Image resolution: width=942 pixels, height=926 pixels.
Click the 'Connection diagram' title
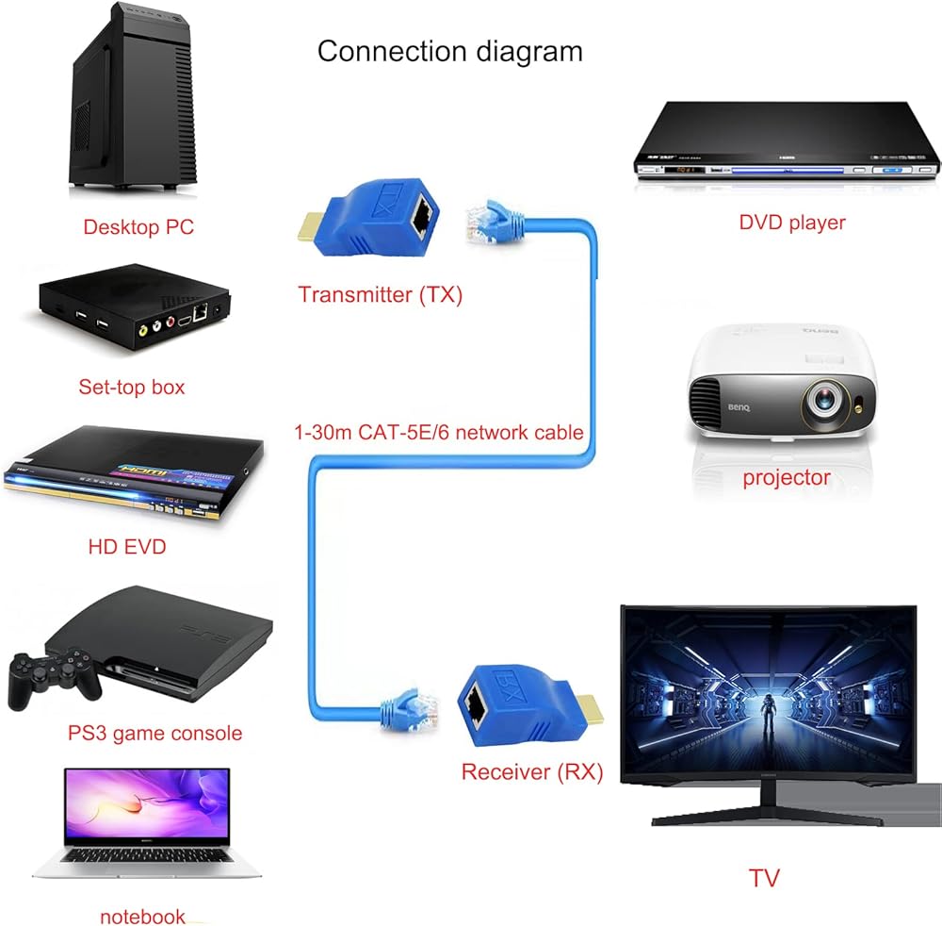450,52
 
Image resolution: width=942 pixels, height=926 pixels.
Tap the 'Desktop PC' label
138,226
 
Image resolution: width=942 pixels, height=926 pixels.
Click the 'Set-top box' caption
132,387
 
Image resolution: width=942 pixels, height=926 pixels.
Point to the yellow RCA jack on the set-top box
143,329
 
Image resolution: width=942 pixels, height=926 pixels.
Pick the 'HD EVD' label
127,547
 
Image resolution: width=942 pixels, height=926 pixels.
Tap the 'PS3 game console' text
155,733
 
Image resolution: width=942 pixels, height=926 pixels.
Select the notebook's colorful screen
147,803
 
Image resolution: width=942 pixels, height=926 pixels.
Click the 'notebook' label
143,917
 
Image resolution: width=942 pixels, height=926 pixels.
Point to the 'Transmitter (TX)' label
381,294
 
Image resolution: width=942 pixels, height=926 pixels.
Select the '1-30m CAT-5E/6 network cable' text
439,432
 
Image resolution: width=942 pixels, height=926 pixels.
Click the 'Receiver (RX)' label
532,771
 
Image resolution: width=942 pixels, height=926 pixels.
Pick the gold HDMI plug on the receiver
590,708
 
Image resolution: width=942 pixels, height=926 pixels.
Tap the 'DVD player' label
792,223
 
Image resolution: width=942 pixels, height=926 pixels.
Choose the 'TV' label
764,879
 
